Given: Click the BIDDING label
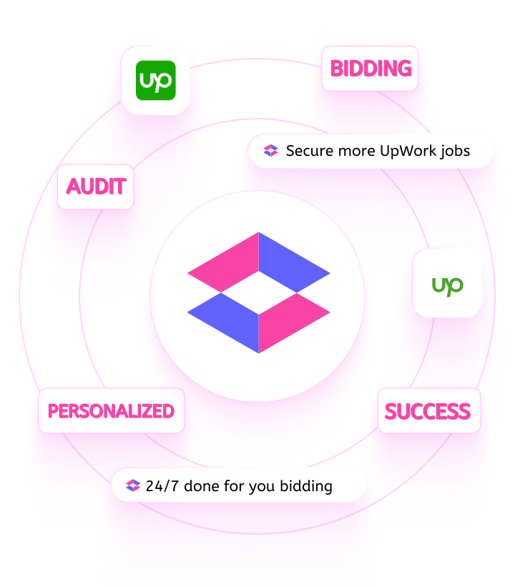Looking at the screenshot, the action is [x=370, y=69].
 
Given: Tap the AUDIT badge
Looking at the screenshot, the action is [x=96, y=187].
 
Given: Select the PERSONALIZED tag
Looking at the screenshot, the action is [x=111, y=411].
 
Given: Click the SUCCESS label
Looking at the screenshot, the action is [x=427, y=412].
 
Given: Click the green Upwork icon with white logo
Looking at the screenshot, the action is [x=155, y=80].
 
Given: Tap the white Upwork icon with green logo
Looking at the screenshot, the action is [x=447, y=283].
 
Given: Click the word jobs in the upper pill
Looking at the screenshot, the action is [x=454, y=152].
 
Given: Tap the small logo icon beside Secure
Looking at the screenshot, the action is [x=270, y=151].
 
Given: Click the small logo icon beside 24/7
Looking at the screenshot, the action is [x=132, y=486].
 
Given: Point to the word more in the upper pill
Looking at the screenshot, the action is [x=350, y=151].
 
